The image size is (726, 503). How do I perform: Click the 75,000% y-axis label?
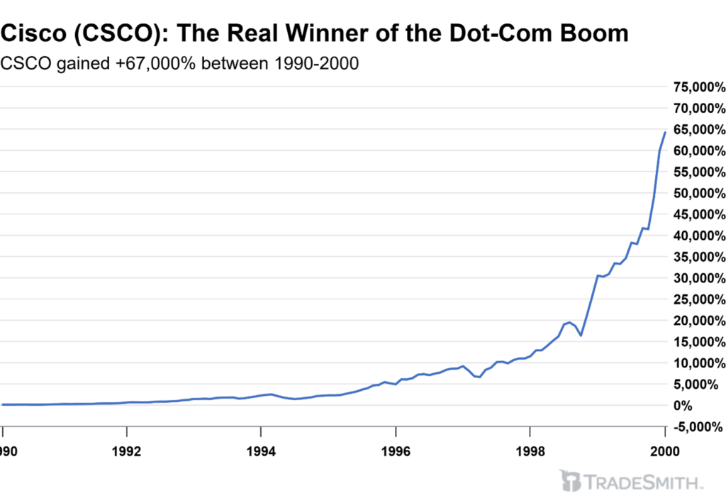tap(699, 87)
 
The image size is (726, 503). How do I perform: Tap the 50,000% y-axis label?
tap(699, 194)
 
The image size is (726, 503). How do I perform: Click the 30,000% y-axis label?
tap(699, 278)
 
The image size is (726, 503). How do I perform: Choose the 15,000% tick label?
tap(699, 342)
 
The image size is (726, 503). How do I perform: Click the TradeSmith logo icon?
tap(570, 481)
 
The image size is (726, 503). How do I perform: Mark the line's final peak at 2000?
tap(664, 132)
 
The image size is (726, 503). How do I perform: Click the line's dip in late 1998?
tap(581, 335)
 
